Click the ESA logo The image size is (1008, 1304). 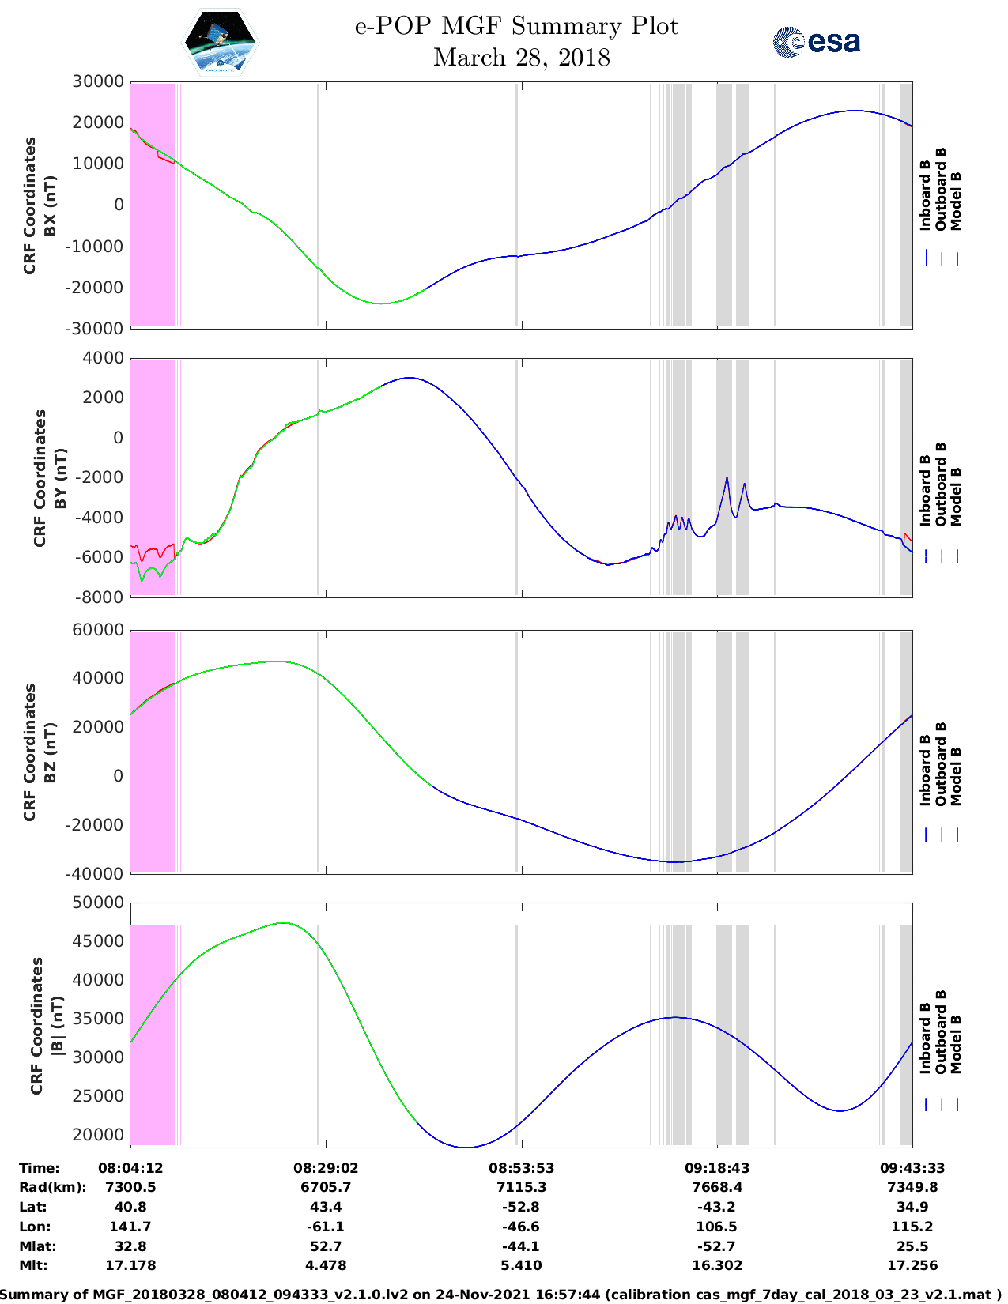coord(817,42)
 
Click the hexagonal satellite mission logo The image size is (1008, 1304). coord(221,42)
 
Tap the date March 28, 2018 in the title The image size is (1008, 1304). coord(521,58)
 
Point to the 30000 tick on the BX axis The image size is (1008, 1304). coord(99,81)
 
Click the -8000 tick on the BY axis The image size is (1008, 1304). coord(100,597)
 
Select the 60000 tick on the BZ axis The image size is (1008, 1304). coord(99,630)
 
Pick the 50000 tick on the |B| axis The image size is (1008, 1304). coord(99,903)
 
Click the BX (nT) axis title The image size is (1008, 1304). coord(50,205)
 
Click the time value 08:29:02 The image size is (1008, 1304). coord(326,1167)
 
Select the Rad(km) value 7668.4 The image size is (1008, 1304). coord(716,1187)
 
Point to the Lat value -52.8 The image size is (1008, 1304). coord(521,1207)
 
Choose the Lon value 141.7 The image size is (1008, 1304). coord(130,1227)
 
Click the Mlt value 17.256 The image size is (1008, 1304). coord(912,1265)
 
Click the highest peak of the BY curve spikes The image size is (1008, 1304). coord(727,477)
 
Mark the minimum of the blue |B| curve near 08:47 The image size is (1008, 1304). coord(466,1147)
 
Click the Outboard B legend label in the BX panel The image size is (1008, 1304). coord(941,189)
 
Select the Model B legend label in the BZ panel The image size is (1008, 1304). coord(956,776)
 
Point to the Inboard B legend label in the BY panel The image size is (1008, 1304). coord(926,490)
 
